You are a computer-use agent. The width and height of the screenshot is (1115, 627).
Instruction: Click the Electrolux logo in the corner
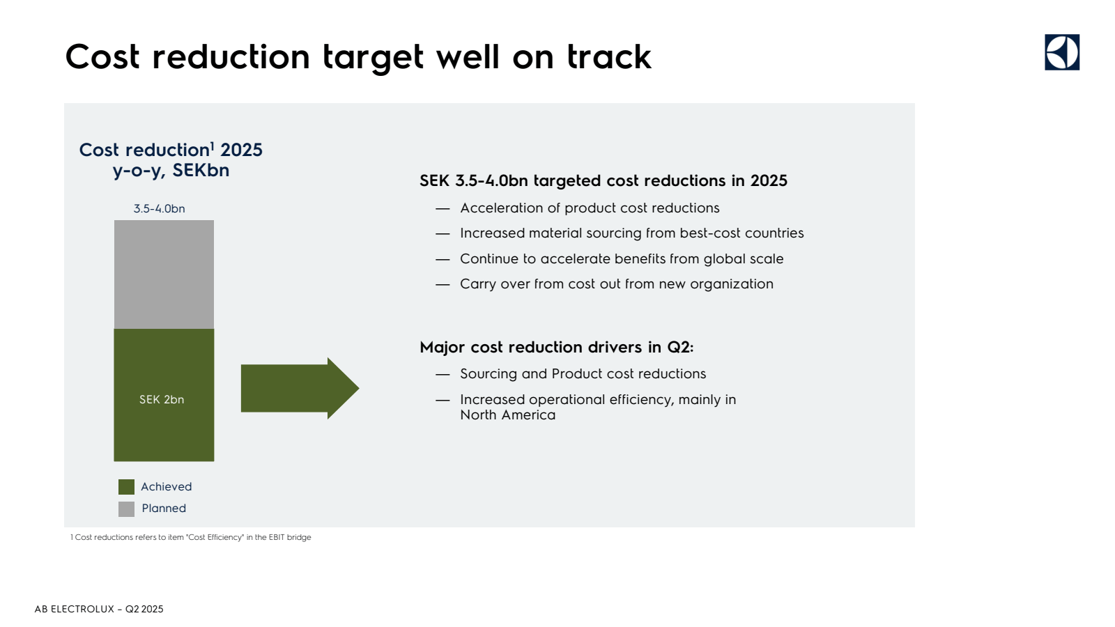1062,52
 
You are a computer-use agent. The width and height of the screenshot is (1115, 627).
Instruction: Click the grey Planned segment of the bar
164,274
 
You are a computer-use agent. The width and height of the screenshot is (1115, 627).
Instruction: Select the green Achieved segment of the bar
164,395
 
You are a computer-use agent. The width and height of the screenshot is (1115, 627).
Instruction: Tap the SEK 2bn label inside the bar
162,400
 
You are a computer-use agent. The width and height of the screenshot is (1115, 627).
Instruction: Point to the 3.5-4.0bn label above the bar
160,208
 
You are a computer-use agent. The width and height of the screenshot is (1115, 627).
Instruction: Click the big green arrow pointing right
300,388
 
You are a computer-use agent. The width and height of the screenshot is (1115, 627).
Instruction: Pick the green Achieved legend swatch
126,487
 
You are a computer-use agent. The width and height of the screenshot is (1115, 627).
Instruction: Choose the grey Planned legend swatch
126,509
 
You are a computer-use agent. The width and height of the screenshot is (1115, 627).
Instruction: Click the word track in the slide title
609,56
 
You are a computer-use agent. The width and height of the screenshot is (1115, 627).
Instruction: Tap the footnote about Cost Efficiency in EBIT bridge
191,537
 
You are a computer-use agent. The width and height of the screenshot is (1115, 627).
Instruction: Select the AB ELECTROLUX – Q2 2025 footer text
99,609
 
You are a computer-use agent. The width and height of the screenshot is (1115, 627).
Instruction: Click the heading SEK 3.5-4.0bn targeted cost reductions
603,180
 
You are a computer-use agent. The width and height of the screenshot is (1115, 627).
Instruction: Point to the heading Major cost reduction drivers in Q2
557,347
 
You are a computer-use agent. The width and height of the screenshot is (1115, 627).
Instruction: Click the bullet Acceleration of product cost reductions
590,208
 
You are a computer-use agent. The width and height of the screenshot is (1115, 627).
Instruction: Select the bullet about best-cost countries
631,233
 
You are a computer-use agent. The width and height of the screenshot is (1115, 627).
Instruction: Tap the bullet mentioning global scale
622,258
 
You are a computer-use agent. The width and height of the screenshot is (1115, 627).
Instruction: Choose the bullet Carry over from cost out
617,284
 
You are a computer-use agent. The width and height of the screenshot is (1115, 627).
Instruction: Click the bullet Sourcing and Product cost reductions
583,373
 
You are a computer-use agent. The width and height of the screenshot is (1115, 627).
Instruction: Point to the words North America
508,415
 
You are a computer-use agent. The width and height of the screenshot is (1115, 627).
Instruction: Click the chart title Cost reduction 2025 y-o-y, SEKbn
171,160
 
